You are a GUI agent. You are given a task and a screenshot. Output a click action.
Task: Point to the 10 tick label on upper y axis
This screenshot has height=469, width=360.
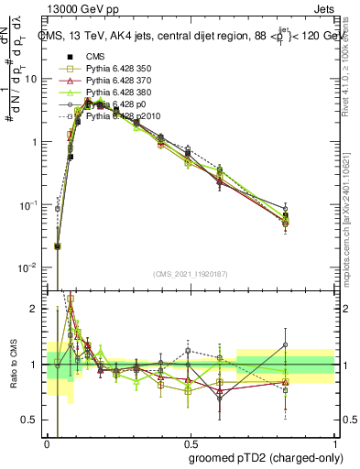(30, 79)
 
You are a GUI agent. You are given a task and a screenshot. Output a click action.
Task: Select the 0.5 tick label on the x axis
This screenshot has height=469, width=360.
(190, 442)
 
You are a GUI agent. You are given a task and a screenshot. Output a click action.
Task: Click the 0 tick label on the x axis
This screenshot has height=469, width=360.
(47, 442)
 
